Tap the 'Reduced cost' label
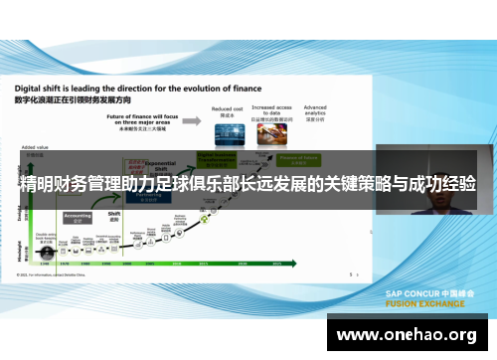tap(228, 108)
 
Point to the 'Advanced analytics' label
tap(315, 109)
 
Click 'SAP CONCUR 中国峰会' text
tap(429, 293)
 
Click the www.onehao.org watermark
tap(409, 335)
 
